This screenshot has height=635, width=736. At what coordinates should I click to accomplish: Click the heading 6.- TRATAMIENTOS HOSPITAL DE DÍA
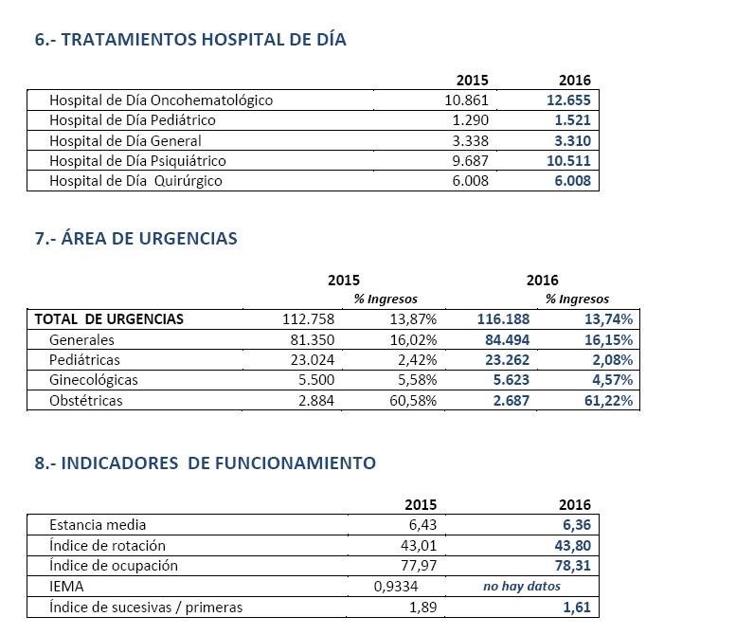click(x=190, y=40)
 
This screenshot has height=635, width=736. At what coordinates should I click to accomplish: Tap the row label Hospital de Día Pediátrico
click(x=133, y=120)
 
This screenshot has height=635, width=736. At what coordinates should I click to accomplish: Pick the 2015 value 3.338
click(x=466, y=140)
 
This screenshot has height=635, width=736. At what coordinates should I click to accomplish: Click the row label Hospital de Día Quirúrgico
click(x=135, y=180)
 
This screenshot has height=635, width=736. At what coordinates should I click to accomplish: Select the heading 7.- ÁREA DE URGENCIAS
click(x=135, y=239)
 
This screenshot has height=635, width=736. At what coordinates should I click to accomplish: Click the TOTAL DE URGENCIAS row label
click(x=109, y=319)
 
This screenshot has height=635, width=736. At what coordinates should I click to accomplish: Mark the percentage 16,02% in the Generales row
click(x=412, y=339)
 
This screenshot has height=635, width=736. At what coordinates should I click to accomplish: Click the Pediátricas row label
click(x=85, y=360)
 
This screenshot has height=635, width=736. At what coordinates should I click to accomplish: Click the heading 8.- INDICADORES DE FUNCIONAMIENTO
click(x=205, y=463)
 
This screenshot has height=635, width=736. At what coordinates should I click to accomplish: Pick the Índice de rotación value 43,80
click(x=572, y=545)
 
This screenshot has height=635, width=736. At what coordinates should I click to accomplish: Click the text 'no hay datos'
click(x=522, y=587)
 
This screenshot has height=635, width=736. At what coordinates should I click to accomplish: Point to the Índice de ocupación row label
click(x=114, y=566)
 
